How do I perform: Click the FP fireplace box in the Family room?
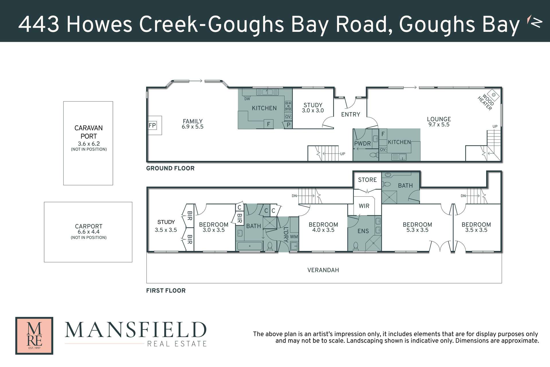tap(152, 125)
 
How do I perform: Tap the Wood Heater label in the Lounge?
tap(486, 102)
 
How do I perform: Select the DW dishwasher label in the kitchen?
tap(247, 99)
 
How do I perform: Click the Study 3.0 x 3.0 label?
tap(313, 108)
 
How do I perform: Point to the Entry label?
tap(350, 114)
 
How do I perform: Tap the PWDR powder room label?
tap(362, 144)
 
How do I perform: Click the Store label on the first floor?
tap(367, 180)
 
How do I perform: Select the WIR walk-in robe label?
tap(364, 206)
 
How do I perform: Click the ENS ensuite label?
tap(363, 231)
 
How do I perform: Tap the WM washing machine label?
tap(294, 237)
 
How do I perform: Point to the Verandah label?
tap(323, 270)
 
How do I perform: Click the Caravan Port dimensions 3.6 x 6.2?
tap(89, 144)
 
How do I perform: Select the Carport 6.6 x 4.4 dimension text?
tap(89, 232)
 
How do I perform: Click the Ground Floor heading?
tap(170, 168)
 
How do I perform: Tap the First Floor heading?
tap(166, 291)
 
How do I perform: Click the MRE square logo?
tap(34, 335)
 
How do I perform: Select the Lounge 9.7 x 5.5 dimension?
tap(439, 125)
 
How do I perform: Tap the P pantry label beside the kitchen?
tap(288, 125)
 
